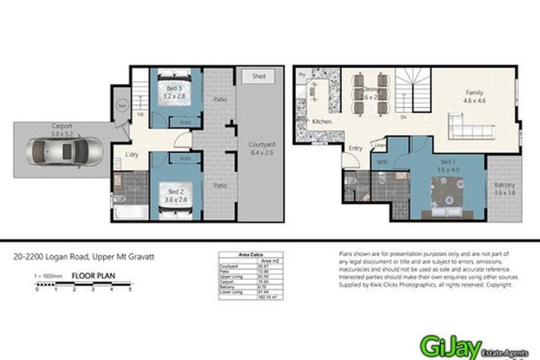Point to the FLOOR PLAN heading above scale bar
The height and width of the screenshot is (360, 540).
[x=90, y=277]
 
